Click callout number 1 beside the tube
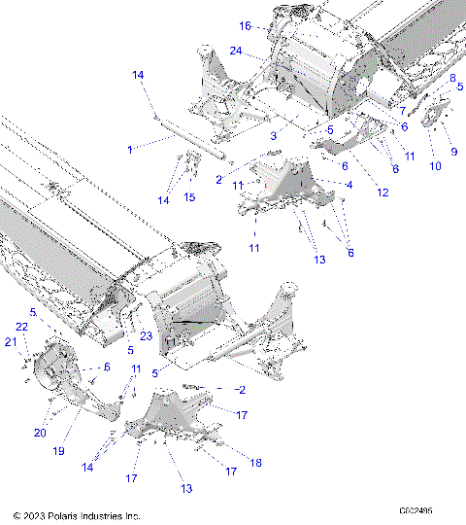pos(130,149)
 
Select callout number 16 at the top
pos(246,25)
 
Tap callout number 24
pos(236,51)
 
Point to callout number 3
pos(275,137)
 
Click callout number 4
pos(349,184)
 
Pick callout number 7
pos(402,110)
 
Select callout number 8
pos(451,77)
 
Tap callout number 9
pos(452,152)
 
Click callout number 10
pos(434,166)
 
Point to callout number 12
pos(383,192)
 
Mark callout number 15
pos(189,197)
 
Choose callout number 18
pos(256,464)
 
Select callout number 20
pos(41,434)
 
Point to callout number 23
pos(147,336)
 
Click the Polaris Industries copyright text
pos(77,515)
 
